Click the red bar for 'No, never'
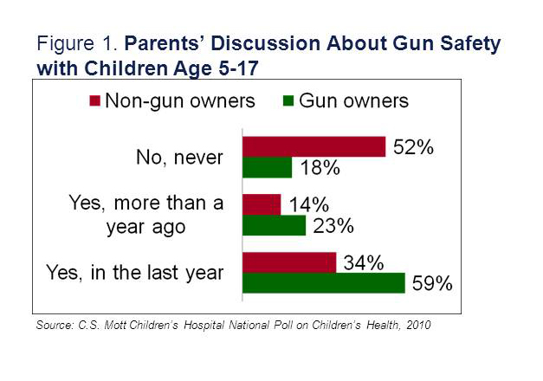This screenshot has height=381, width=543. [314, 147]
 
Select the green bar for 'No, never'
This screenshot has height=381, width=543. [267, 168]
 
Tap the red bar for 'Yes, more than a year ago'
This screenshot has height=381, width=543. [262, 204]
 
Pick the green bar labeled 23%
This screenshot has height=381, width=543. [274, 225]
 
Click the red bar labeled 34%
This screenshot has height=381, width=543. [289, 262]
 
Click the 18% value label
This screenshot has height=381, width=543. [318, 168]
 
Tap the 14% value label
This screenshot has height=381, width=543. [307, 205]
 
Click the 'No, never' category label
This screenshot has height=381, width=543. [180, 158]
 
